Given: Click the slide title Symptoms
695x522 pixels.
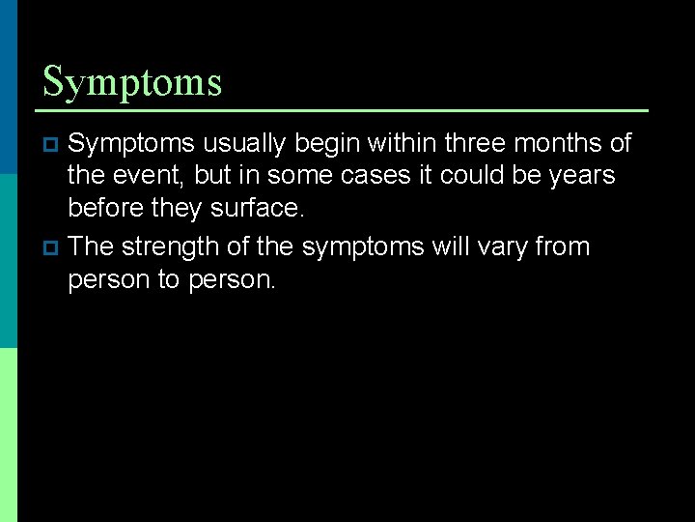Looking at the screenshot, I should click(132, 82).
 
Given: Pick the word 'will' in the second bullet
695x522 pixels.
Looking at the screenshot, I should click(452, 246).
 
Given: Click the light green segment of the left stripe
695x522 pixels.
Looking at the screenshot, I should click(8, 435).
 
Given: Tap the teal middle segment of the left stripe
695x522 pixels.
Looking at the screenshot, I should click(8, 261).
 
